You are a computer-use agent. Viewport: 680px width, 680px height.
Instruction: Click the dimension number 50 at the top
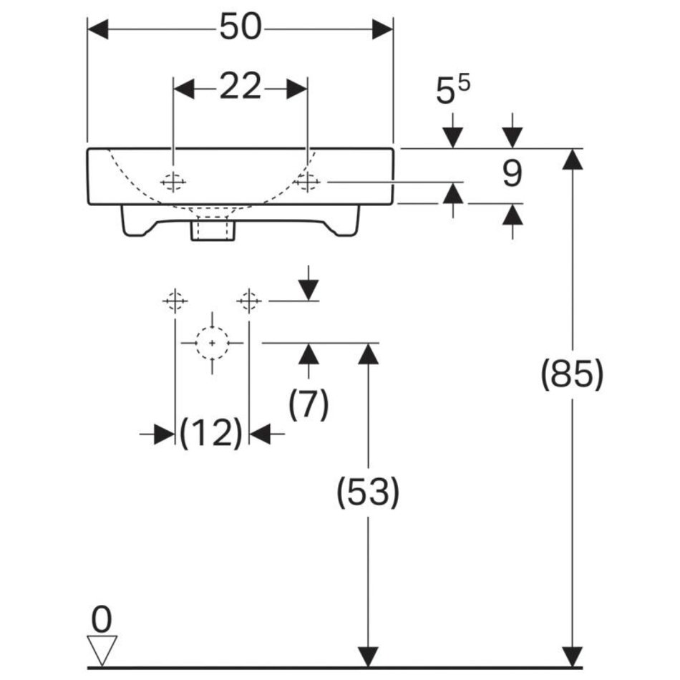click(x=241, y=29)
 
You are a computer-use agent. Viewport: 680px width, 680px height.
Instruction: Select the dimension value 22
click(x=240, y=88)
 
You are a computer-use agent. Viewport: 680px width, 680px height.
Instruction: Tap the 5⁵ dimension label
click(x=452, y=91)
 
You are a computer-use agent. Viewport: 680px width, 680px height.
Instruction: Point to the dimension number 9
click(x=512, y=174)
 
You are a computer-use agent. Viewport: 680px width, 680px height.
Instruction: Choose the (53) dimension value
click(x=368, y=492)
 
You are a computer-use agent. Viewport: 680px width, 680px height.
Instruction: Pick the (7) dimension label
click(x=309, y=405)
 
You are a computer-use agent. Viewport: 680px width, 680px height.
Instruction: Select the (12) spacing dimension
click(x=212, y=433)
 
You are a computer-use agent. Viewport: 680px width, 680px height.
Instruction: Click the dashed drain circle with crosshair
click(x=212, y=344)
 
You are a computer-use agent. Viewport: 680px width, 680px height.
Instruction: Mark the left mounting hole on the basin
click(x=173, y=183)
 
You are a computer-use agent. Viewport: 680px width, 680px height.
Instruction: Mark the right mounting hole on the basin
click(x=307, y=183)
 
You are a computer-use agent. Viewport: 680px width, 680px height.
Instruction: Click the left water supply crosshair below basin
click(x=175, y=301)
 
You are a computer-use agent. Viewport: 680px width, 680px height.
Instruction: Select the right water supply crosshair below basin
click(x=248, y=301)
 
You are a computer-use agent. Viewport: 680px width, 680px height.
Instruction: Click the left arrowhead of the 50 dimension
click(x=97, y=29)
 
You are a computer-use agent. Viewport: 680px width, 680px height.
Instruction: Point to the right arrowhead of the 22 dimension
click(x=297, y=89)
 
